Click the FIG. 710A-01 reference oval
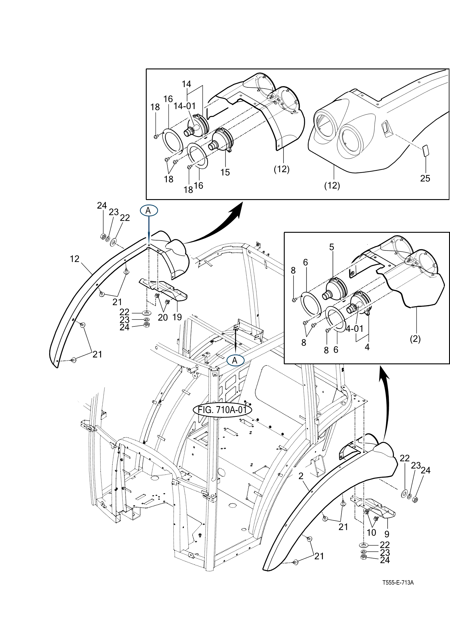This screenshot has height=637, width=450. coord(222,410)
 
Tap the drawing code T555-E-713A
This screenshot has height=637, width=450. coord(398,582)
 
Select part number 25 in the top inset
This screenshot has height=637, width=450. coord(425,178)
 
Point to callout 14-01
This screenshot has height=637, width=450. coord(184,106)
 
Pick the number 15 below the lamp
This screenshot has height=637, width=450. coord(225,172)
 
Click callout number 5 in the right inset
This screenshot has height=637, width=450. coord(331,247)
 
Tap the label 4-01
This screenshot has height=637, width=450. coord(355,329)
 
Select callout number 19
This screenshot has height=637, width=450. coord(177,317)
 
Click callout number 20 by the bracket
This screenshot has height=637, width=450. coord(163,317)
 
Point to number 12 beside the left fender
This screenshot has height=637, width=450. coord(74,259)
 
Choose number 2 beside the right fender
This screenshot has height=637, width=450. coord(301,476)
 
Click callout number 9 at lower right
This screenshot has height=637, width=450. coord(387,534)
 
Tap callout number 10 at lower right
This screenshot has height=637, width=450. coord(371,532)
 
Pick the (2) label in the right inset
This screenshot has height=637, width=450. coord(415,339)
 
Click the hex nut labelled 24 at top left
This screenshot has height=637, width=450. coord(102,237)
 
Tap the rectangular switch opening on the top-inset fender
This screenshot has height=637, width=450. coord(387,129)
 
